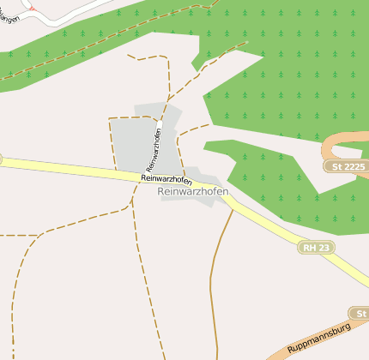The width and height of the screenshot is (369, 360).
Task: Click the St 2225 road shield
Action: point(346,165)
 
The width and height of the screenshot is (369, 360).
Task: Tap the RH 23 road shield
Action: point(317,248)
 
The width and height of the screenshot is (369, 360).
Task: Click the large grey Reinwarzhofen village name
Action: point(193,192)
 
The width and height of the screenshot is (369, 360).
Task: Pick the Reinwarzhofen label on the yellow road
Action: point(166,178)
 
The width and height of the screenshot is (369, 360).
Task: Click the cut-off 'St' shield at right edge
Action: point(360,313)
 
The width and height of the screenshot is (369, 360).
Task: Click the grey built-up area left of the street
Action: point(129,141)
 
